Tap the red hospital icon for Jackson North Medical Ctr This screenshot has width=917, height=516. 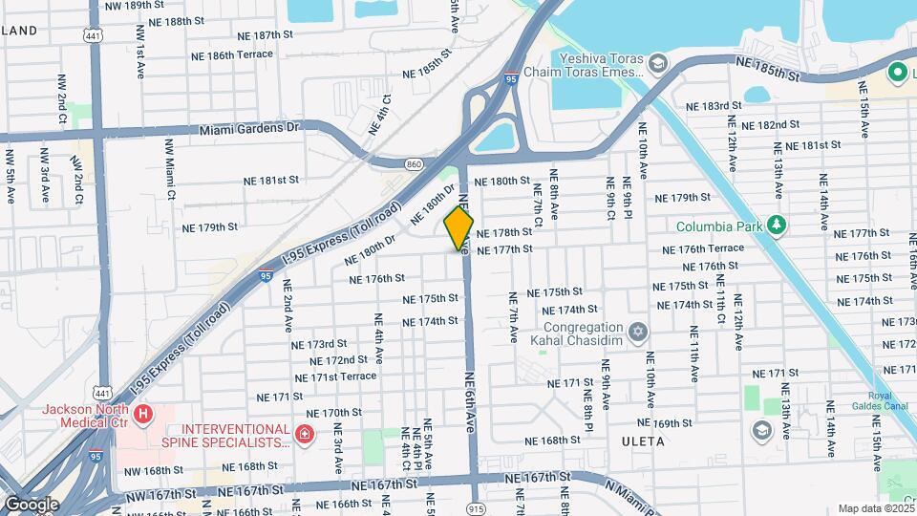142,414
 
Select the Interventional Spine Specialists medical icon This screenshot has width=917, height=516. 304,436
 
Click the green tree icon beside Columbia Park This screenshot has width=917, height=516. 778,226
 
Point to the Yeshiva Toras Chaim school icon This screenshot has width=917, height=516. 657,63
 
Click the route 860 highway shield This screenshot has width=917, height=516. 413,165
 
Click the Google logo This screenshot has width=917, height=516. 31,504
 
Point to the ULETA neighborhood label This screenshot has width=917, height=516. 641,442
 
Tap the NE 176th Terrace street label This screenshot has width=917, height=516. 704,249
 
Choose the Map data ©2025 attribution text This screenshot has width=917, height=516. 875,508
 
